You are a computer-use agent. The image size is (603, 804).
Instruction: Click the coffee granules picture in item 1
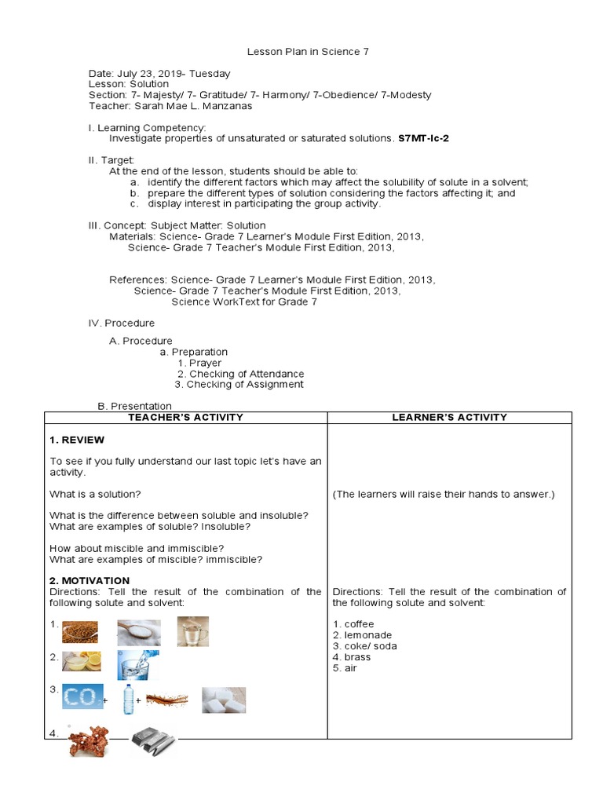tap(80, 630)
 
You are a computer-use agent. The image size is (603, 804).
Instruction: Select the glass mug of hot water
tap(192, 630)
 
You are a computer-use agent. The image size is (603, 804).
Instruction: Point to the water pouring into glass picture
tap(137, 664)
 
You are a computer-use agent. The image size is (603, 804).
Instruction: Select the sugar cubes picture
tap(224, 700)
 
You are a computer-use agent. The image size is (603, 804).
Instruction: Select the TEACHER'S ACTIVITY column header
tap(185, 418)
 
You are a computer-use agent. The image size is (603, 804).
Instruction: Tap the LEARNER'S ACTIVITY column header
tap(449, 418)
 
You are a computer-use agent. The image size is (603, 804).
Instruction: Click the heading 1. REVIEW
tap(77, 440)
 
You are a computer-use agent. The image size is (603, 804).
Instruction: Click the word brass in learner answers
tap(357, 657)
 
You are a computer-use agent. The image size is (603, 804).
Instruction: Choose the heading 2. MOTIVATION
tap(90, 581)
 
